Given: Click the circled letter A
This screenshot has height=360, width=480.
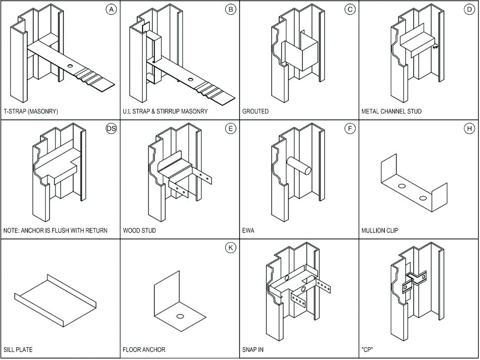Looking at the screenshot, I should (x=111, y=10).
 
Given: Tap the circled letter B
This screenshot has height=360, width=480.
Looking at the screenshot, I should (x=231, y=10).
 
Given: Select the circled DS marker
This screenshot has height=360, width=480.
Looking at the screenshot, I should (x=111, y=129).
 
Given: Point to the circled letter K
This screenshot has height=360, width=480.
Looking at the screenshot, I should (x=231, y=248).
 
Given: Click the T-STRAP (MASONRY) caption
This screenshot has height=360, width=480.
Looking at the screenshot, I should (x=31, y=112).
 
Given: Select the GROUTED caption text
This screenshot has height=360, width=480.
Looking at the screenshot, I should (x=255, y=112).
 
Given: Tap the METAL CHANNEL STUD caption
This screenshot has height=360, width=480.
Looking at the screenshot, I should (x=391, y=112).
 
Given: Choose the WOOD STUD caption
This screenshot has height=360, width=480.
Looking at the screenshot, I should (x=139, y=231).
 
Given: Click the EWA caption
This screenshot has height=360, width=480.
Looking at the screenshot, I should (x=248, y=231).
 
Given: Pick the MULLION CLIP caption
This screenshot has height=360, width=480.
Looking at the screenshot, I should (x=380, y=231).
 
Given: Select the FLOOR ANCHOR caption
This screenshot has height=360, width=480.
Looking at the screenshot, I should (x=144, y=350).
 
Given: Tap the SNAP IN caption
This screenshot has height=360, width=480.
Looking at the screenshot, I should (x=253, y=350).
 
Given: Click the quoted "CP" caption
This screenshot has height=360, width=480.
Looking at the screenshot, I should (x=367, y=350).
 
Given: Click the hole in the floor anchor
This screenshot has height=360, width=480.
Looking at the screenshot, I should (x=180, y=315).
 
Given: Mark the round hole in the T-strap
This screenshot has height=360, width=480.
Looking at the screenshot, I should (x=70, y=65).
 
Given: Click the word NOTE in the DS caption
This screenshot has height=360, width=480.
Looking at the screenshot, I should (x=12, y=231).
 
